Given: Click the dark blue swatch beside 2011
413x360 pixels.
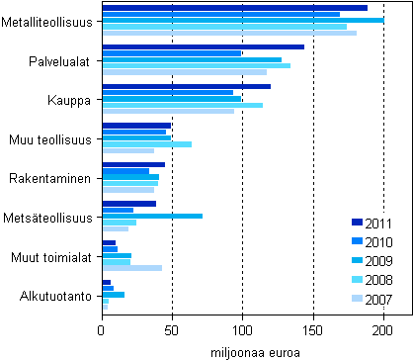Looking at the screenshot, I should click(x=357, y=223).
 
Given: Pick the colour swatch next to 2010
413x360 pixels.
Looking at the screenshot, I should click(x=357, y=242).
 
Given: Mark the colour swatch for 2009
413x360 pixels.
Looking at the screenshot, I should click(x=357, y=261).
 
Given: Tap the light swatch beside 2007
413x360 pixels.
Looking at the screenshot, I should click(x=357, y=300).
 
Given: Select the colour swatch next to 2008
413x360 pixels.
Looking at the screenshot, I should click(x=357, y=281).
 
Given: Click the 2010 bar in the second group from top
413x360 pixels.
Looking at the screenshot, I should click(x=172, y=53).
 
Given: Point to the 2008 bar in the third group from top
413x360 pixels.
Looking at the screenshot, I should click(x=183, y=105).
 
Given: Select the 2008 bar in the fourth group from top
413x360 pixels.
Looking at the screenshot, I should click(x=147, y=144).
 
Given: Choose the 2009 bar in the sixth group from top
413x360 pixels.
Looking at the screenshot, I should click(x=152, y=216).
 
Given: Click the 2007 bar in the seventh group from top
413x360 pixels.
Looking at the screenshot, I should click(x=132, y=267).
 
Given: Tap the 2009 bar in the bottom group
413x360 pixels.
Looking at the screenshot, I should click(x=114, y=295).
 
